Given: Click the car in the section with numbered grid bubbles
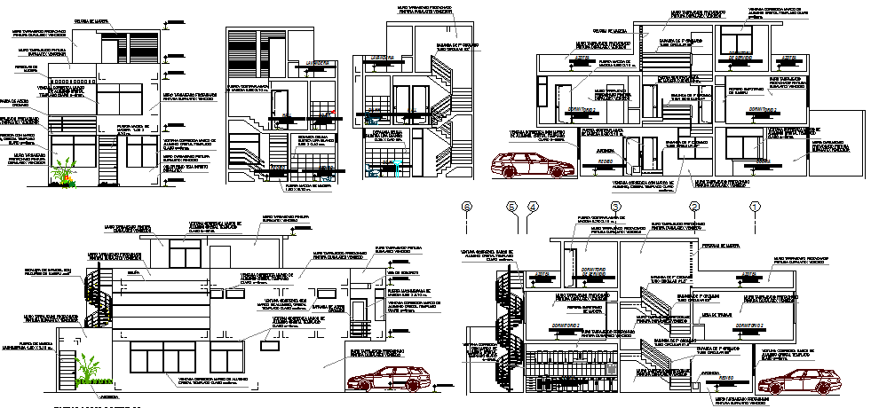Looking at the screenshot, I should point(793,383).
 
